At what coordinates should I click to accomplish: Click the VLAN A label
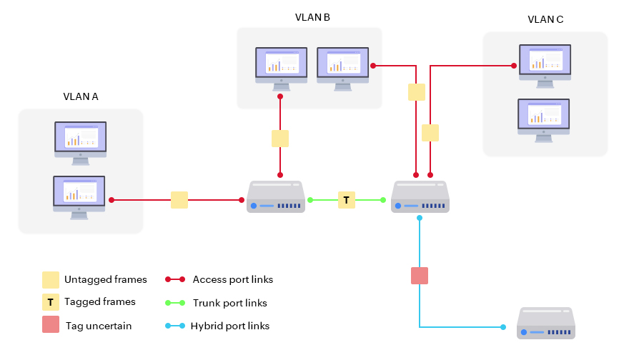pos(81,96)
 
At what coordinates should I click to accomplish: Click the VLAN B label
pos(312,17)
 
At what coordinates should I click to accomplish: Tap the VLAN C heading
pos(545,20)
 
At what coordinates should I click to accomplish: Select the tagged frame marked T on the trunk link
pos(347,200)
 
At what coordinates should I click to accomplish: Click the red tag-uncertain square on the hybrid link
pos(420,276)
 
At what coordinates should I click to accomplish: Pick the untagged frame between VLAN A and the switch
pos(179,200)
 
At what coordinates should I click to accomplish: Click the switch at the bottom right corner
pos(546,324)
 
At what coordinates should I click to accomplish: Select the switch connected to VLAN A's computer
pos(276,196)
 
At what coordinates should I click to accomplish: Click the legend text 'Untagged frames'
pos(105,280)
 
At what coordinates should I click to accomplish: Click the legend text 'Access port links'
pos(233,280)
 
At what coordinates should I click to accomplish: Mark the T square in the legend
pos(51,302)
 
